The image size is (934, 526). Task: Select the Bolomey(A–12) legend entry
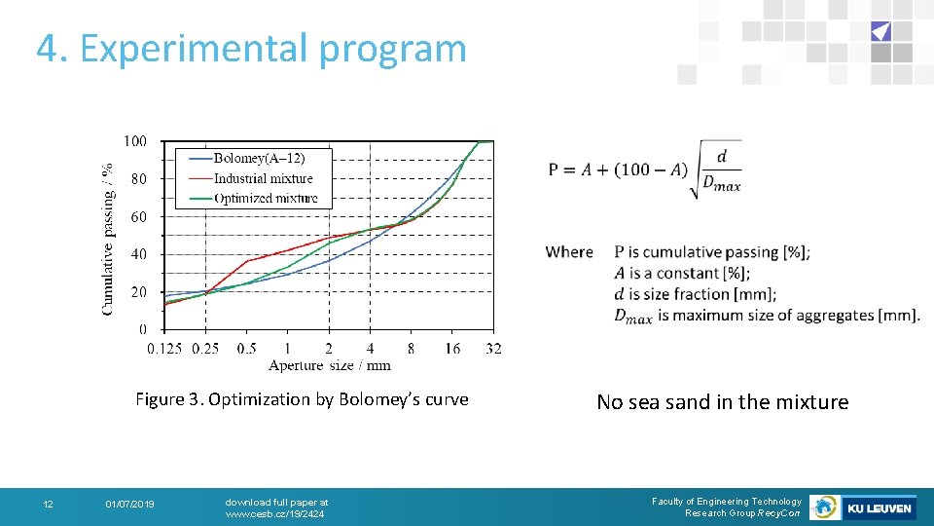pos(258,159)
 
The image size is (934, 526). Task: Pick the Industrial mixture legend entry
pos(263,178)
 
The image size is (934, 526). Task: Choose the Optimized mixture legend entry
pos(265,198)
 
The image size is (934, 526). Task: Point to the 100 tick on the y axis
pos(135,141)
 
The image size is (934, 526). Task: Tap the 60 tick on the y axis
pos(138,216)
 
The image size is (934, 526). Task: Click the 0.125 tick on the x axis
pos(163,349)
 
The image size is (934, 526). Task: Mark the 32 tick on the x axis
pos(493,349)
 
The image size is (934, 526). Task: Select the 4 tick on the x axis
pos(370,349)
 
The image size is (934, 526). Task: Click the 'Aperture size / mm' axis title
pos(329,365)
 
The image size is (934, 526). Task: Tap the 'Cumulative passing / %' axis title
pos(107,238)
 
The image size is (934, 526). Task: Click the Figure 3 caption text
pos(302,399)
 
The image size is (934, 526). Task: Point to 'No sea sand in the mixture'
pos(722,402)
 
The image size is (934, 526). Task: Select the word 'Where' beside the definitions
pos(569,252)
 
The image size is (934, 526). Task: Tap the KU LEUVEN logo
pos(879,507)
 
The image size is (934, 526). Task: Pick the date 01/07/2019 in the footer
pos(129,504)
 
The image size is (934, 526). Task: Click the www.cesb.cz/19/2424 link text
pos(274,513)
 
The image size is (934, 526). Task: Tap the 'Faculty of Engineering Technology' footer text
pos(726,501)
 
